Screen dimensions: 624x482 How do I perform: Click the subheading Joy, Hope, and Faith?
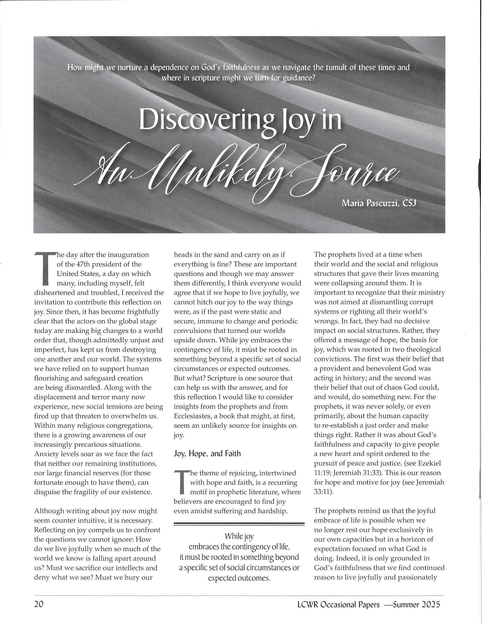pyautogui.click(x=207, y=454)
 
